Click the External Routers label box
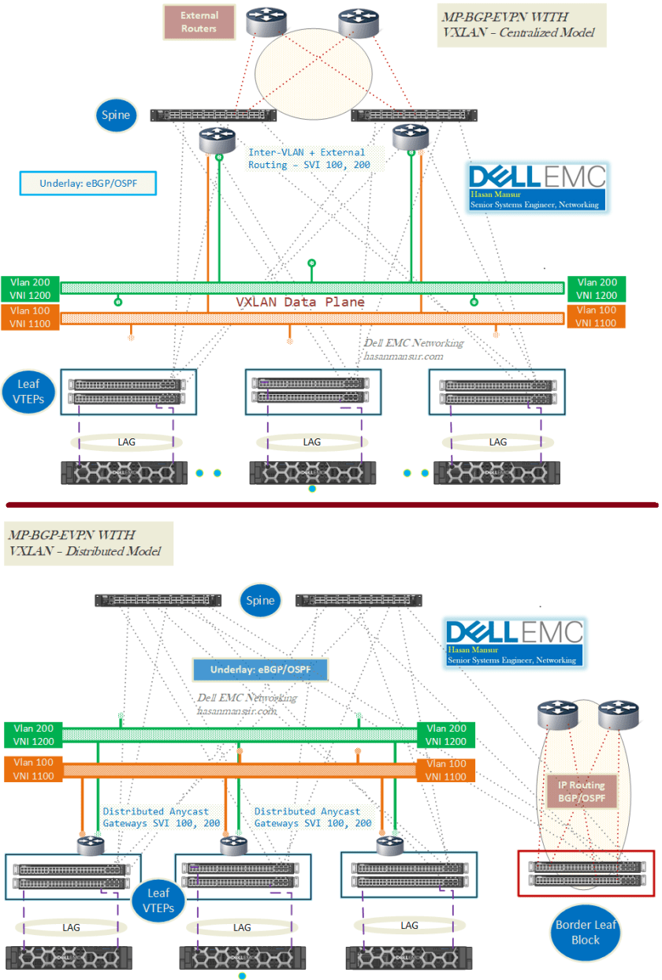pos(199,22)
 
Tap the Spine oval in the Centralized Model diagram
pos(114,116)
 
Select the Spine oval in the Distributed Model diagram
pos(260,600)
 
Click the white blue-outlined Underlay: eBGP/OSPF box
pos(87,184)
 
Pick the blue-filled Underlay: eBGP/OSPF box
pos(260,670)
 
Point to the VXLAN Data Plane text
pos(300,302)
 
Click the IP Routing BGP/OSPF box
pos(582,792)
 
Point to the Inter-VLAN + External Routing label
pos(307,158)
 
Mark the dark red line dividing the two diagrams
pos(331,504)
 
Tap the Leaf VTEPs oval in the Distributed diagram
pos(158,900)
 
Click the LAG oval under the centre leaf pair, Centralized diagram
pos(312,442)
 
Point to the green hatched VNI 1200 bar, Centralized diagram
pos(312,288)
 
